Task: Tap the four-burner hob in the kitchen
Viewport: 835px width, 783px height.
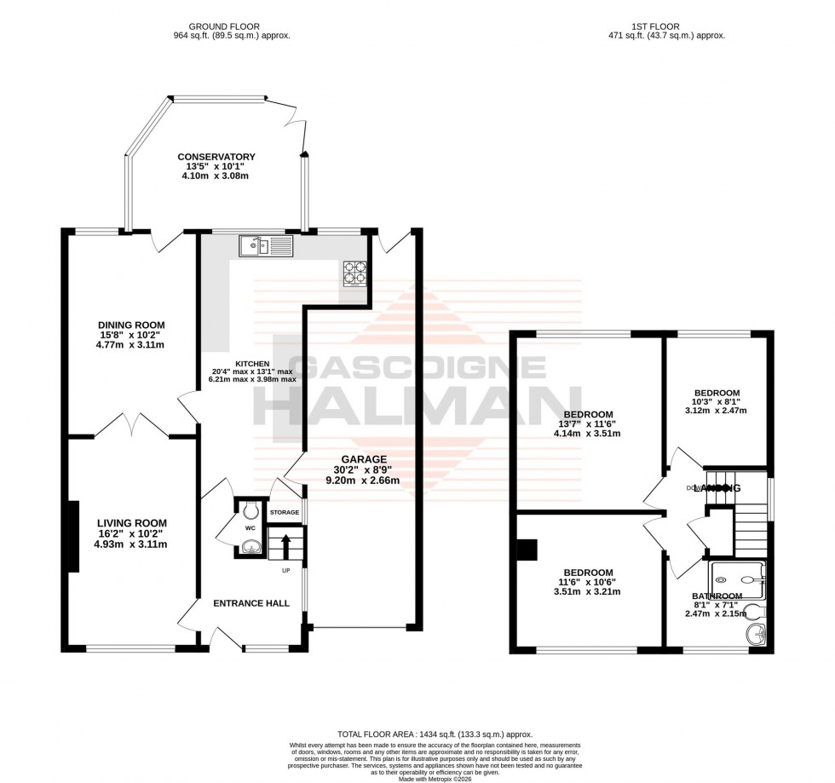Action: [354, 272]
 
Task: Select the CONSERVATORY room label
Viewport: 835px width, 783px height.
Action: [216, 157]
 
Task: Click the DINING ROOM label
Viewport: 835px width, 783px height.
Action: [131, 325]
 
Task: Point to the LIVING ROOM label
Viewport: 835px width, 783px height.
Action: [131, 523]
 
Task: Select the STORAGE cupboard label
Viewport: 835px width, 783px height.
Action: [285, 513]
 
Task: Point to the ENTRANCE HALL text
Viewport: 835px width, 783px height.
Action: [250, 603]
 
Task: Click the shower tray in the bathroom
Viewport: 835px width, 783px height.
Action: [738, 578]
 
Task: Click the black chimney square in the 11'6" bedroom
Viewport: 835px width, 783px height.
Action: [527, 550]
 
